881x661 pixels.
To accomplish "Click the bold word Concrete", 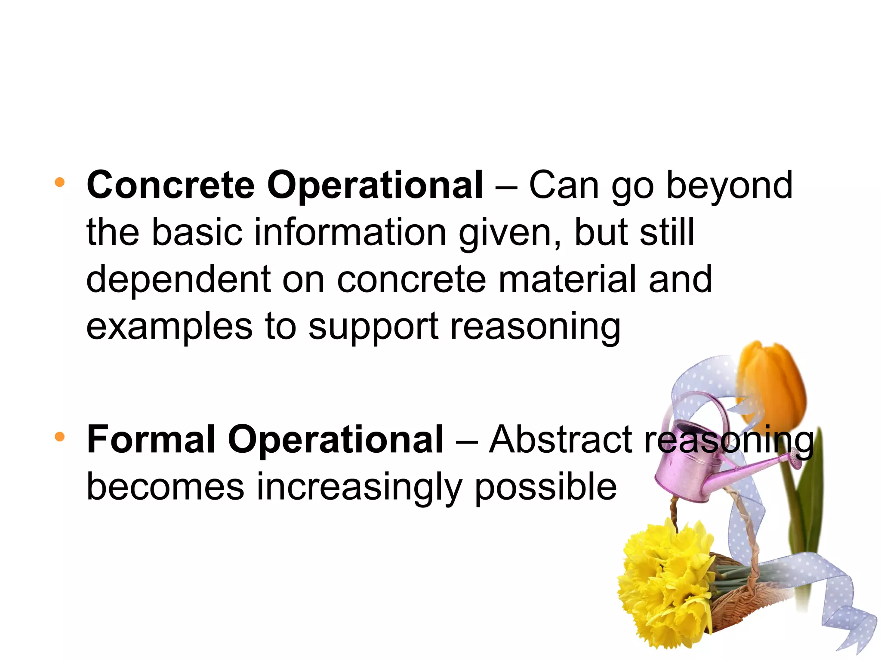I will (x=171, y=185).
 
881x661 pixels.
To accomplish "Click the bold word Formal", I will (x=151, y=440).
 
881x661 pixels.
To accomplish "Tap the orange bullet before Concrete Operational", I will (x=60, y=182).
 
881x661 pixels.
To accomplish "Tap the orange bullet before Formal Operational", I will (x=60, y=437).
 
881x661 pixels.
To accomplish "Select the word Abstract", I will (x=561, y=440).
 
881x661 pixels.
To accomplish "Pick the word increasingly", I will (x=359, y=487).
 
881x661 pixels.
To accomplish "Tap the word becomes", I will (x=166, y=487).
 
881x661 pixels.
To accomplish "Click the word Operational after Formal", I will (x=336, y=440).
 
